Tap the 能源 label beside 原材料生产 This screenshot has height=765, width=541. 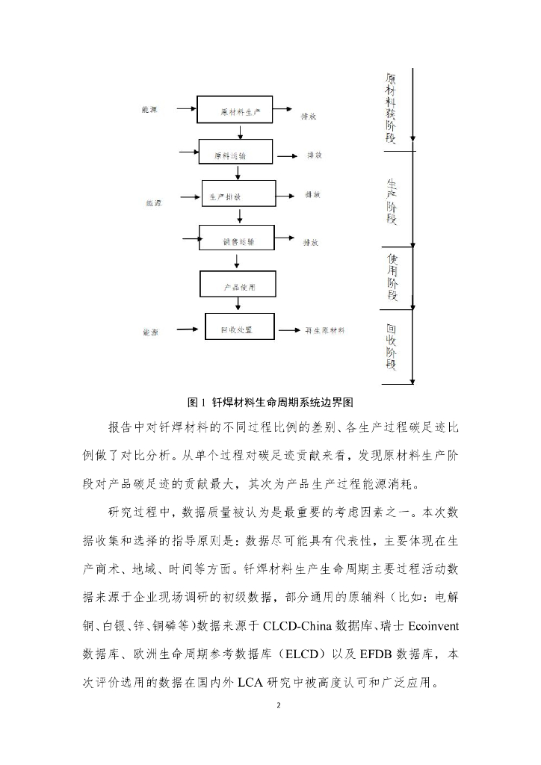[x=149, y=110]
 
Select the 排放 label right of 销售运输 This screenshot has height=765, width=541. [x=311, y=242]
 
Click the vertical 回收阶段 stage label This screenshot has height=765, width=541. [x=392, y=347]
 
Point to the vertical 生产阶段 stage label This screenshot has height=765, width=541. [x=392, y=201]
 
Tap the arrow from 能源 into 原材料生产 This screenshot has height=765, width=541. [x=185, y=110]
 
